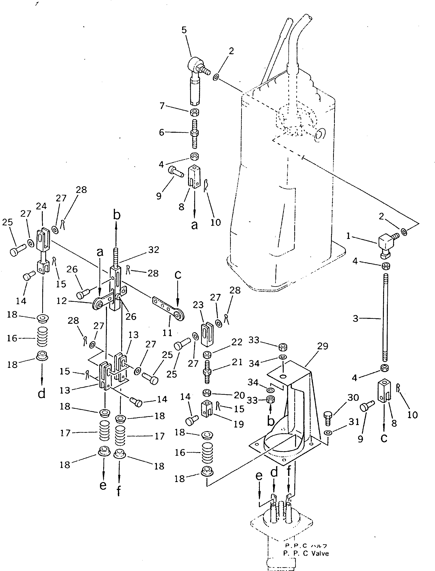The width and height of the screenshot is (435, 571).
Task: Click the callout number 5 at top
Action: (184, 30)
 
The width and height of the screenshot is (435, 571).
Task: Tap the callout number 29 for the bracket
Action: (323, 346)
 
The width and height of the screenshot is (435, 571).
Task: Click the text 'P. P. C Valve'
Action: (306, 553)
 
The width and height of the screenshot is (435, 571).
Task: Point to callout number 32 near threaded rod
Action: (154, 250)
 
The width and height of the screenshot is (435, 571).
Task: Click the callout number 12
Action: (62, 301)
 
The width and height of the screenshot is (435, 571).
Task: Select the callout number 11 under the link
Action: (167, 333)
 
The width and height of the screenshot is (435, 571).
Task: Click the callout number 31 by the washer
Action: (354, 422)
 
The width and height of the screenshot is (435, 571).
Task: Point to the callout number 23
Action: (198, 305)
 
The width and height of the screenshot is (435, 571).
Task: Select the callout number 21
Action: (237, 362)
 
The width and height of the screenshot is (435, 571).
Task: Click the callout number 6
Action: (162, 133)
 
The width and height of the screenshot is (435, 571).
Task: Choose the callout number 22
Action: (237, 342)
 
